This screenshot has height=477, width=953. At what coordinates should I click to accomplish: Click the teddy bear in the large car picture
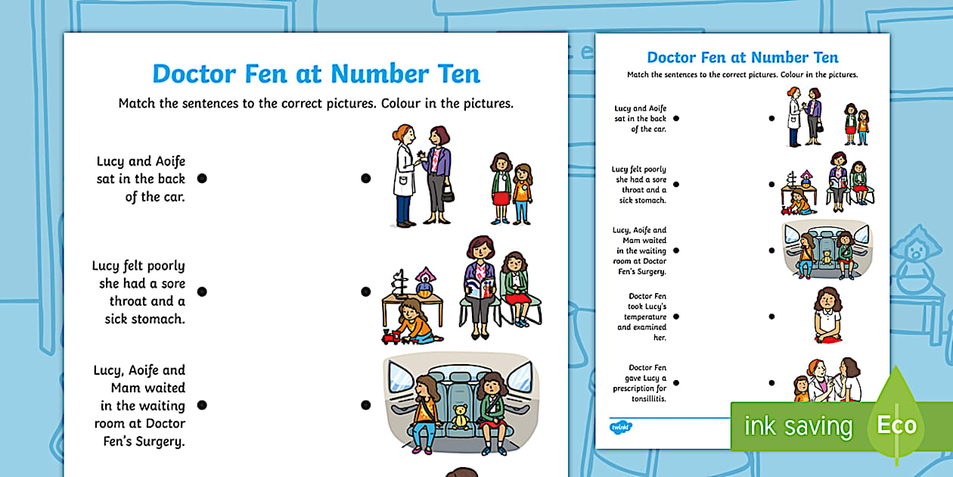tap(460, 417)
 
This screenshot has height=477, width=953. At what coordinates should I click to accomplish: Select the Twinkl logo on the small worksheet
tap(621, 427)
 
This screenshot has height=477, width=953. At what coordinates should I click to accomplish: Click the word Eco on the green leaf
tap(897, 425)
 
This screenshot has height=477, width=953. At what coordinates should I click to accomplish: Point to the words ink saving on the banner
tap(798, 426)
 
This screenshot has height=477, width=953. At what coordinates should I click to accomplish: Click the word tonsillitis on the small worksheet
tap(649, 398)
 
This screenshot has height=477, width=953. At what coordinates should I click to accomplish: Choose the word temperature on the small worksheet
tap(645, 317)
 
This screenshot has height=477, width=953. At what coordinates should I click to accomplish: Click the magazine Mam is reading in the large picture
tap(480, 288)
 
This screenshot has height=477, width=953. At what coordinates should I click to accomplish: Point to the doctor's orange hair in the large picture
tap(401, 132)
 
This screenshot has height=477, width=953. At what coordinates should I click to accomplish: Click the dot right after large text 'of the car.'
tap(202, 179)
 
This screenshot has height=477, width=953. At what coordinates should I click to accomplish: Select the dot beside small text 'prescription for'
tap(676, 383)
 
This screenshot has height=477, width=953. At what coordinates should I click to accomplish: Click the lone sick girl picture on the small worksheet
tap(827, 315)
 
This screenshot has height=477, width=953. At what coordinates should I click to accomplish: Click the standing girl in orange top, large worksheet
tap(522, 194)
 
